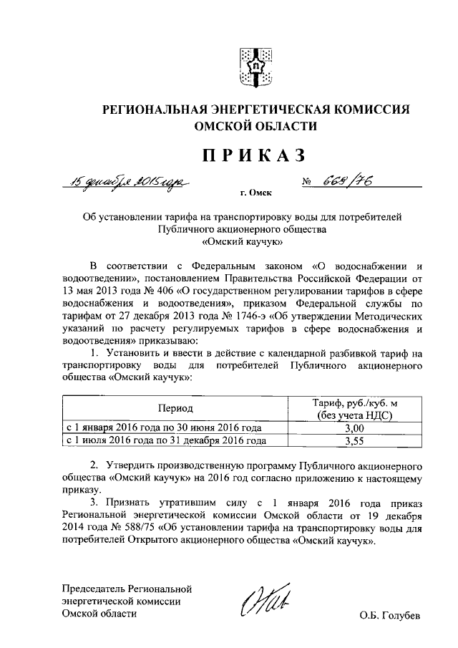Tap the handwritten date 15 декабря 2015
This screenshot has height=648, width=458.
point(127,183)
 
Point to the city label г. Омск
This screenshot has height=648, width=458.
point(256,193)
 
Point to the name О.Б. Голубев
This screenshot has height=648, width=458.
point(391,615)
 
